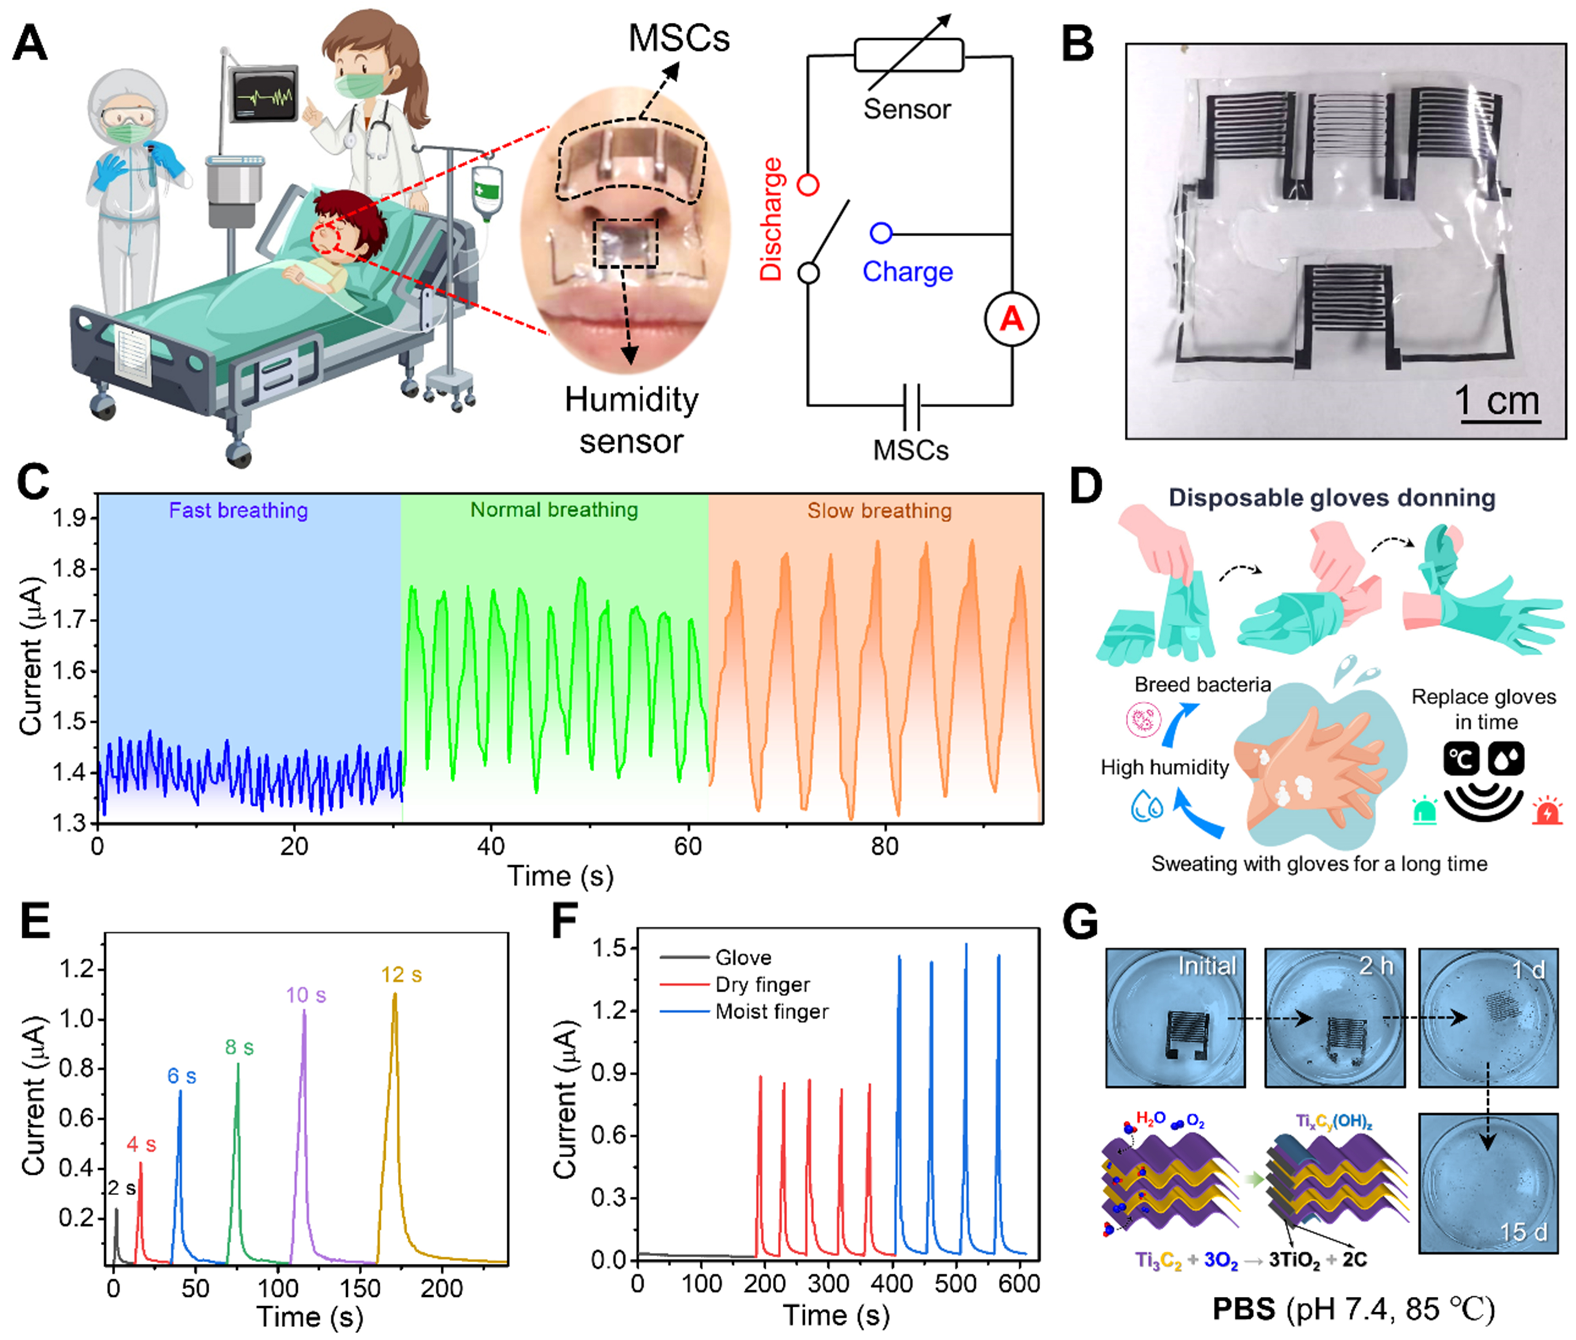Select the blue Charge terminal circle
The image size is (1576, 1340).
[x=881, y=232]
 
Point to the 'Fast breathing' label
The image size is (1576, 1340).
[x=238, y=511]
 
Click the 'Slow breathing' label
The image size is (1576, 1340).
[x=879, y=511]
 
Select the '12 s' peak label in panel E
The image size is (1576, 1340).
[x=401, y=974]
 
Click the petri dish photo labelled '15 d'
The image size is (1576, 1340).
[x=1488, y=1183]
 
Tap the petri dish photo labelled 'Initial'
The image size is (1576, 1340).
[x=1175, y=1017]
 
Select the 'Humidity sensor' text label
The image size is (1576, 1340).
[x=631, y=420]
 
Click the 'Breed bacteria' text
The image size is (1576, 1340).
[x=1202, y=684]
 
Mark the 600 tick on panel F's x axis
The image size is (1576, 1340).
[x=1018, y=1284]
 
